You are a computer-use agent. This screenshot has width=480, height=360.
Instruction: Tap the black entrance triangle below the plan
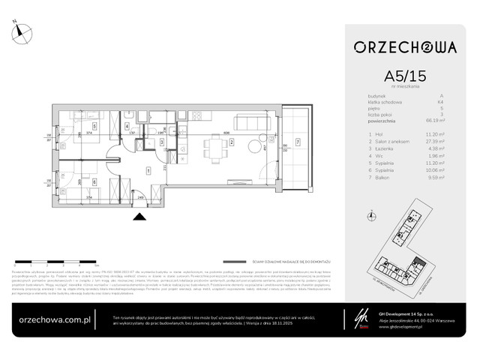click(138, 217)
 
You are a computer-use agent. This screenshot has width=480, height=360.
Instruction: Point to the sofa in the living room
click(248, 120)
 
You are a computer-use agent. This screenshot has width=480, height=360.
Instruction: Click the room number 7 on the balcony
click(298, 142)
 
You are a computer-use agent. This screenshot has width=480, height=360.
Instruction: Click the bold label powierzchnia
click(387, 119)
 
